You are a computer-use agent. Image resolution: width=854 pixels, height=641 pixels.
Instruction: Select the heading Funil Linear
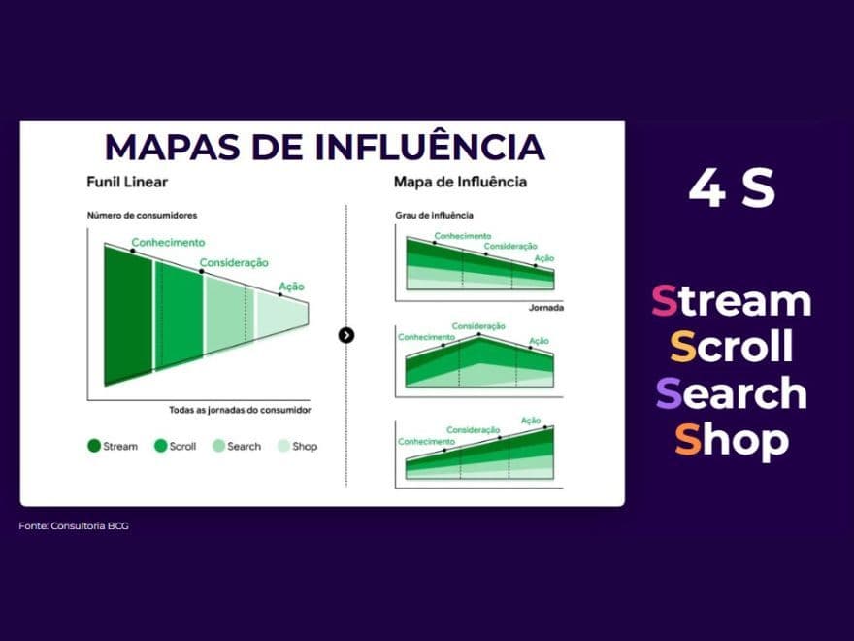pyautogui.click(x=126, y=182)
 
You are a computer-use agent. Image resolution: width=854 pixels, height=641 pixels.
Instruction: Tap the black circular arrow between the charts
pyautogui.click(x=346, y=335)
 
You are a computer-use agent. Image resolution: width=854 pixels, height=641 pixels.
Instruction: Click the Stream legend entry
pyautogui.click(x=113, y=446)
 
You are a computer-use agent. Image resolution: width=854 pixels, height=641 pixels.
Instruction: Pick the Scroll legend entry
pyautogui.click(x=175, y=446)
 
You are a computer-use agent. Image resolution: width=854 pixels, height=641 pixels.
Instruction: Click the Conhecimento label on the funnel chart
pyautogui.click(x=168, y=243)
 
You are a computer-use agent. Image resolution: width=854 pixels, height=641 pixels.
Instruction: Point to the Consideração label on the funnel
pyautogui.click(x=234, y=262)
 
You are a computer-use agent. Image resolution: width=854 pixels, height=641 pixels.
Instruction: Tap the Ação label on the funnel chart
pyautogui.click(x=291, y=286)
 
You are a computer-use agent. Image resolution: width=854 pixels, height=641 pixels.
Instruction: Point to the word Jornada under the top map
pyautogui.click(x=546, y=307)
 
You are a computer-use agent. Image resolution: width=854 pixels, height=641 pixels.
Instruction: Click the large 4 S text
pyautogui.click(x=732, y=188)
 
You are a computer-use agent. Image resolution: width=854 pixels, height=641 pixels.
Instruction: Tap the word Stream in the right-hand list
pyautogui.click(x=731, y=300)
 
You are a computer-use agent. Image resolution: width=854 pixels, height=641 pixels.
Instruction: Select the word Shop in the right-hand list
pyautogui.click(x=731, y=440)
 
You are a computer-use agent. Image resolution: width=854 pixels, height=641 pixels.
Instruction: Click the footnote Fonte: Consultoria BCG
pyautogui.click(x=73, y=525)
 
